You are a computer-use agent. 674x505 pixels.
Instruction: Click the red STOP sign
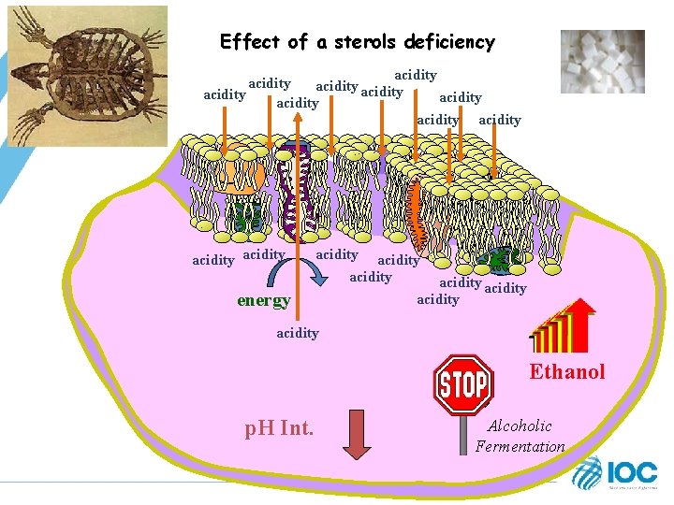[x=463, y=382]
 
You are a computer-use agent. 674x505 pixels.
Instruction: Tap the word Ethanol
[x=567, y=371]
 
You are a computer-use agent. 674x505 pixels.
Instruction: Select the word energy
[x=263, y=300]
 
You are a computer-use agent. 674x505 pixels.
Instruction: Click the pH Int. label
[x=279, y=429]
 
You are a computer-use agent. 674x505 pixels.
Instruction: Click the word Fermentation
[x=520, y=446]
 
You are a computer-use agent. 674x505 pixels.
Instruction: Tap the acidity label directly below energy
[x=298, y=333]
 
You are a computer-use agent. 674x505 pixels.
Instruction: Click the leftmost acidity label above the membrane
[x=225, y=94]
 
